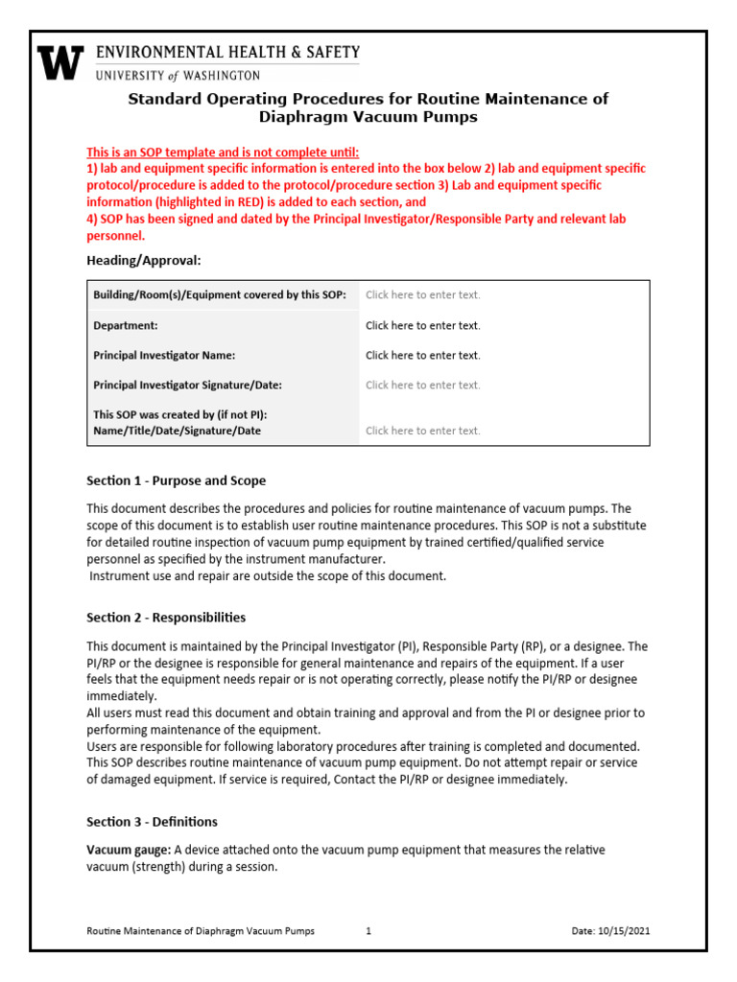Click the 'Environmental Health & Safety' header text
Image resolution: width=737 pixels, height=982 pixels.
[x=226, y=53]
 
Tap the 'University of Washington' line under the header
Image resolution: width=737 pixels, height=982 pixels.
[x=177, y=75]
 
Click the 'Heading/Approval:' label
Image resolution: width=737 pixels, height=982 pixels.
[x=144, y=260]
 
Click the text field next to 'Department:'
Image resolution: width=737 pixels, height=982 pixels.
[x=422, y=325]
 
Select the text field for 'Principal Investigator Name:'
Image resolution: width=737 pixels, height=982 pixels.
[x=422, y=355]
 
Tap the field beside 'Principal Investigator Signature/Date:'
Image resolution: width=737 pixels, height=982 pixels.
[x=422, y=385]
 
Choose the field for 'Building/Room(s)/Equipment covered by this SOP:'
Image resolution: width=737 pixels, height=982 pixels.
[x=422, y=295]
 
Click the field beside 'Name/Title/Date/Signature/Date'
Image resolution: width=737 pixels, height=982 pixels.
[x=422, y=431]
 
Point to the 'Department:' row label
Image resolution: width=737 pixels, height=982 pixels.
[x=126, y=325]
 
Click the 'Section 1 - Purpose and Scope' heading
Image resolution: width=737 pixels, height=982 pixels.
[x=177, y=480]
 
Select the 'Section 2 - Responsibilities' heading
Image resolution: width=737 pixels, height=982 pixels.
[x=166, y=618]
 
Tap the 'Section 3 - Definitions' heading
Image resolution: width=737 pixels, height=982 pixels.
[x=152, y=822]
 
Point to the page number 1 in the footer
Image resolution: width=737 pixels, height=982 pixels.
[x=368, y=931]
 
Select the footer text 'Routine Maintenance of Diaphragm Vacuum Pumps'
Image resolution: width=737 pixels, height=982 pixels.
[x=201, y=931]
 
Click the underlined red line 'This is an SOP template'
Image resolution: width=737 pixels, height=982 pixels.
[x=223, y=152]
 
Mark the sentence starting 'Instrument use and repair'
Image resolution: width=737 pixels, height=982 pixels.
[x=268, y=576]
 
